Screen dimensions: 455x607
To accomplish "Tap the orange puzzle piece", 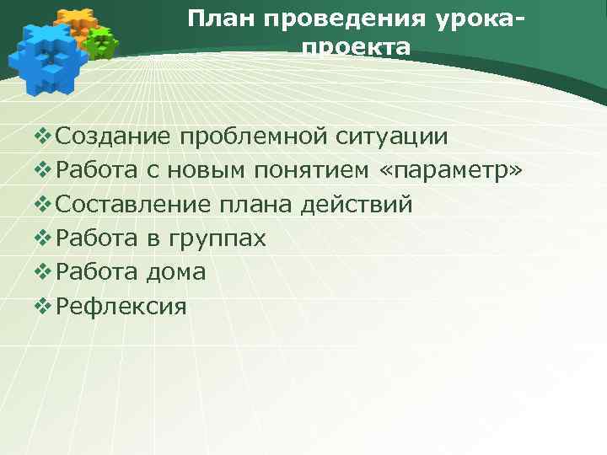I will pyautogui.click(x=76, y=20).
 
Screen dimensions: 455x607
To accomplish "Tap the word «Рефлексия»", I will pyautogui.click(x=121, y=306).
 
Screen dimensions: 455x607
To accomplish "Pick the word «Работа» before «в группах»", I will pyautogui.click(x=99, y=238).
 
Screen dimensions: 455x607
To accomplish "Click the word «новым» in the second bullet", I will pyautogui.click(x=206, y=171).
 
